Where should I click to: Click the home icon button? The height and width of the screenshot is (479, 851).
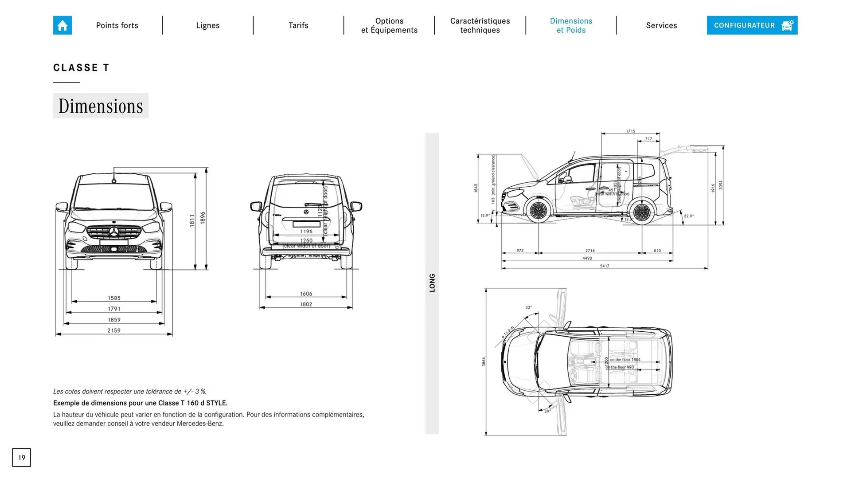pyautogui.click(x=62, y=25)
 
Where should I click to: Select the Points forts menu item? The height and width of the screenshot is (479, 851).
pyautogui.click(x=117, y=25)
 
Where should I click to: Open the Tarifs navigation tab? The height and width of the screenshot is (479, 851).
pyautogui.click(x=298, y=25)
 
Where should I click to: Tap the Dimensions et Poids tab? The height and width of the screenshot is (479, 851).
pyautogui.click(x=571, y=25)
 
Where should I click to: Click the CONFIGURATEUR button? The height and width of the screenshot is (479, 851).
pyautogui.click(x=752, y=25)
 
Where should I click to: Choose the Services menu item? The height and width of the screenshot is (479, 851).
pyautogui.click(x=661, y=25)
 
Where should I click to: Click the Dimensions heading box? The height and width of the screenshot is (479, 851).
pyautogui.click(x=101, y=106)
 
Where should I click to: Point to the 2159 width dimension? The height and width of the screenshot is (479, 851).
pyautogui.click(x=114, y=330)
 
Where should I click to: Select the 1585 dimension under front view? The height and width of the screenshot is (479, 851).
pyautogui.click(x=114, y=298)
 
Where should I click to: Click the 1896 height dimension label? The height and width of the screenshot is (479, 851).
pyautogui.click(x=203, y=217)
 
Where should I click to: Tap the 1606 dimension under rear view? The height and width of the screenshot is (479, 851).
pyautogui.click(x=306, y=294)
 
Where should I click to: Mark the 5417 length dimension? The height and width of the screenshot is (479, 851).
pyautogui.click(x=605, y=266)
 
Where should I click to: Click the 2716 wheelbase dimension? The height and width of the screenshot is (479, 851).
pyautogui.click(x=590, y=251)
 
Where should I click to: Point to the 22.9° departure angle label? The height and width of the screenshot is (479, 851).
pyautogui.click(x=689, y=216)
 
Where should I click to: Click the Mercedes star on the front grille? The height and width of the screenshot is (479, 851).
pyautogui.click(x=114, y=232)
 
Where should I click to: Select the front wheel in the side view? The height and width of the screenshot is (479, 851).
pyautogui.click(x=539, y=211)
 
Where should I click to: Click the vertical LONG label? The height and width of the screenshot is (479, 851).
pyautogui.click(x=432, y=283)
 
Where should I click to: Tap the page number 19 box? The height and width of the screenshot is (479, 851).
pyautogui.click(x=21, y=457)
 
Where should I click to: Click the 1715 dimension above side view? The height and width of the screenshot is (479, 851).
pyautogui.click(x=630, y=131)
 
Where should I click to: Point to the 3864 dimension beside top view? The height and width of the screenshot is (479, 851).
pyautogui.click(x=484, y=362)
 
